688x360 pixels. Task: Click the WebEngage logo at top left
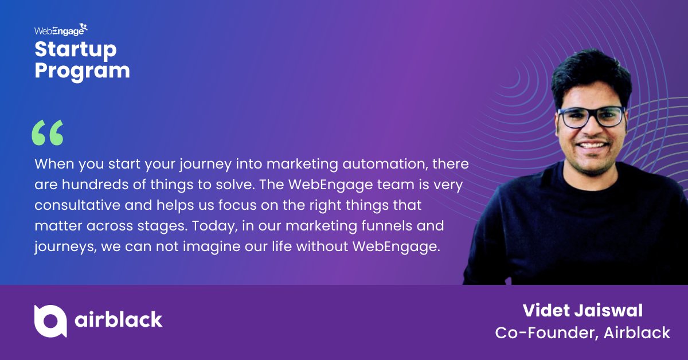click(61, 30)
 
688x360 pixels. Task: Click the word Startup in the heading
click(75, 50)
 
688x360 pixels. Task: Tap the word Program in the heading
click(82, 71)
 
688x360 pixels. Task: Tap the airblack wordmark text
click(119, 320)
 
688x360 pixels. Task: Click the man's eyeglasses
click(591, 117)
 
